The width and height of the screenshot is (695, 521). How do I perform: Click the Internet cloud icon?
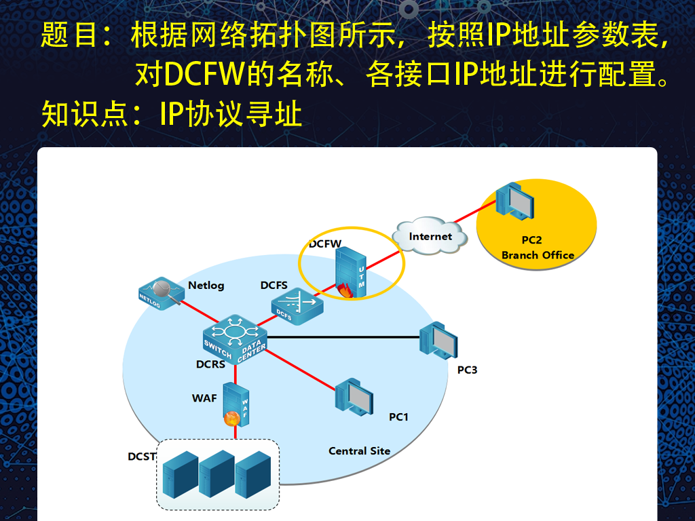pos(430,237)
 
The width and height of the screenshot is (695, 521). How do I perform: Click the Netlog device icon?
pos(159,292)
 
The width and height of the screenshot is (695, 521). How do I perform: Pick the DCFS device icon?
pos(297,303)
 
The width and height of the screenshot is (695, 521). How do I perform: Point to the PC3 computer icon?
pos(438,339)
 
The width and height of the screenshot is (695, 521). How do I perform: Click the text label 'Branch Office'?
pos(538,255)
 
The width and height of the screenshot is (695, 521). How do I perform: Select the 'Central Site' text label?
pos(359,450)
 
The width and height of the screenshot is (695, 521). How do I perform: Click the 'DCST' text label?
pos(142,457)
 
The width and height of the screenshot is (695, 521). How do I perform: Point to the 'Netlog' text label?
pos(206,286)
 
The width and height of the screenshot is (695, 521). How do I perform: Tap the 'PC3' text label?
pos(467,370)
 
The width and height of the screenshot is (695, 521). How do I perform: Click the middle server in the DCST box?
pos(217,474)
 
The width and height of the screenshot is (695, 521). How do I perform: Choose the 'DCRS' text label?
pos(210,364)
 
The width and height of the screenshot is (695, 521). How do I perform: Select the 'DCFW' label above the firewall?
pos(324,243)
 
